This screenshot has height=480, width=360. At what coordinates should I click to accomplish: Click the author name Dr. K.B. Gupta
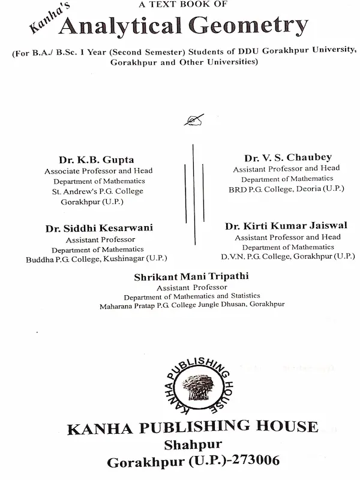96,160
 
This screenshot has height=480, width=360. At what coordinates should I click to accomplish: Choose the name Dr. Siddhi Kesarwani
99,228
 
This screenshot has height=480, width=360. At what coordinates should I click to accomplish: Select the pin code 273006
254,462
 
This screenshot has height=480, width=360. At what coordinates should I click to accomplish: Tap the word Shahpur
193,445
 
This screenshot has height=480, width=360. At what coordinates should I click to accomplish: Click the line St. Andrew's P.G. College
98,191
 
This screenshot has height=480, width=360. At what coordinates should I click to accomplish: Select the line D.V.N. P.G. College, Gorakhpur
287,257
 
